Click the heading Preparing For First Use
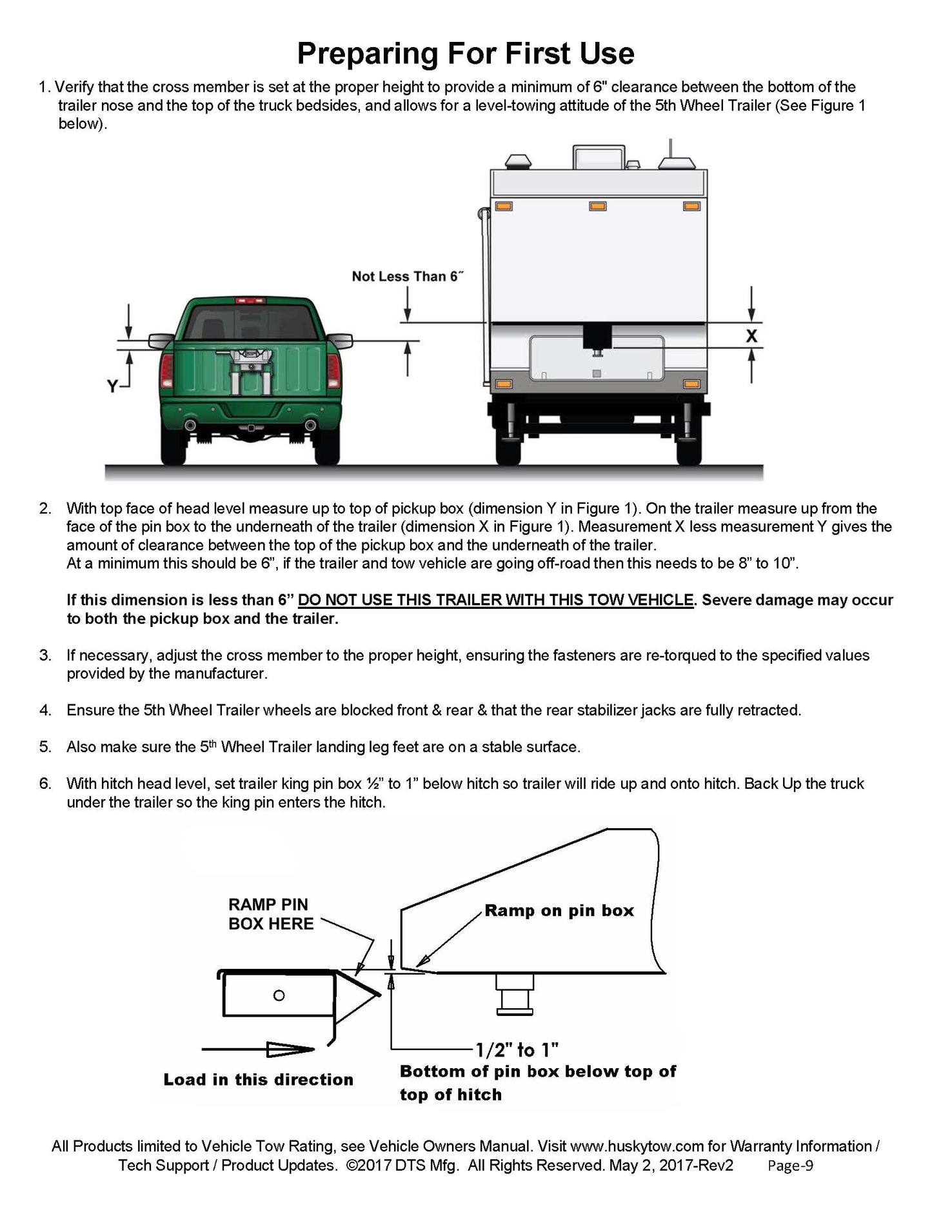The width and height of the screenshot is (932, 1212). point(465,53)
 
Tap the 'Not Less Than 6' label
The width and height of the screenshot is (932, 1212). point(408,276)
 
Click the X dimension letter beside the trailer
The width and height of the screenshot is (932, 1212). point(751,335)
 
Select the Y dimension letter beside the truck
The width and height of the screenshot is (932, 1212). point(113,386)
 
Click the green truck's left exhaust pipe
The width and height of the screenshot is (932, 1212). point(190,425)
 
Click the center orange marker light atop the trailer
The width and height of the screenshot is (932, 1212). point(597,206)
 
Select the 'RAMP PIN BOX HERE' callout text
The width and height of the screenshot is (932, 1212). point(271,914)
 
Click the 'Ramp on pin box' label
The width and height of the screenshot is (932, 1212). point(559,910)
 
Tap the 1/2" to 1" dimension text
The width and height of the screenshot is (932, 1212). point(517,1049)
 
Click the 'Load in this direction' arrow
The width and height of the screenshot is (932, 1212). point(258,1049)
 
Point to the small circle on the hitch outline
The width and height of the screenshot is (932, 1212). point(279,995)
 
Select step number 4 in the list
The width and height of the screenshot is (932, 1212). point(45,710)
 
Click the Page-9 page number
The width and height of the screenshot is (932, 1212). point(791,1166)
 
